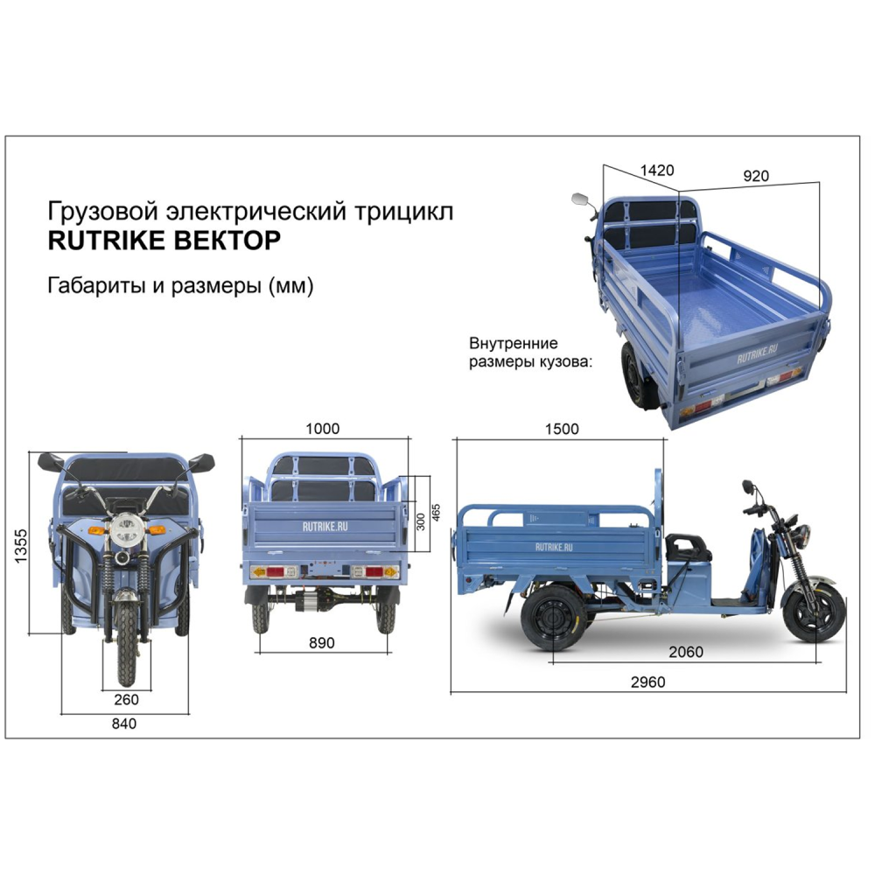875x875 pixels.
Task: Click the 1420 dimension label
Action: pyautogui.click(x=657, y=171)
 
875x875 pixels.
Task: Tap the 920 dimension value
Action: pyautogui.click(x=756, y=176)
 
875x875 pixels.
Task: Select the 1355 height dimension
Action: pyautogui.click(x=20, y=546)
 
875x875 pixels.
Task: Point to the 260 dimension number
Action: pyautogui.click(x=126, y=700)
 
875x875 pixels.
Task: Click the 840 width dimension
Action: pyautogui.click(x=124, y=724)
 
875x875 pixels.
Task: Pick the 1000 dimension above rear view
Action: pyautogui.click(x=323, y=429)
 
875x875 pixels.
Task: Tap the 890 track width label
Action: pyautogui.click(x=322, y=643)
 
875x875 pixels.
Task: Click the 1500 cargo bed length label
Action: pyautogui.click(x=562, y=429)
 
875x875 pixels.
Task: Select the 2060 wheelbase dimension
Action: pyautogui.click(x=686, y=651)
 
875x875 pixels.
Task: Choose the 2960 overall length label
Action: pyautogui.click(x=647, y=682)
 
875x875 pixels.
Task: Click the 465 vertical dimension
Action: pyautogui.click(x=436, y=513)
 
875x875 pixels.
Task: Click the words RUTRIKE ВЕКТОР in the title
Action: pyautogui.click(x=164, y=241)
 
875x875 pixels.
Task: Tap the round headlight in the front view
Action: pyautogui.click(x=126, y=529)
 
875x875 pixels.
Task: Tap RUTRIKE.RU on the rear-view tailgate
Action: pyautogui.click(x=325, y=526)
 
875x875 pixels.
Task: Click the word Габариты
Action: pyautogui.click(x=96, y=285)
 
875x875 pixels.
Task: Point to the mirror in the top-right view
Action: pyautogui.click(x=580, y=199)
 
